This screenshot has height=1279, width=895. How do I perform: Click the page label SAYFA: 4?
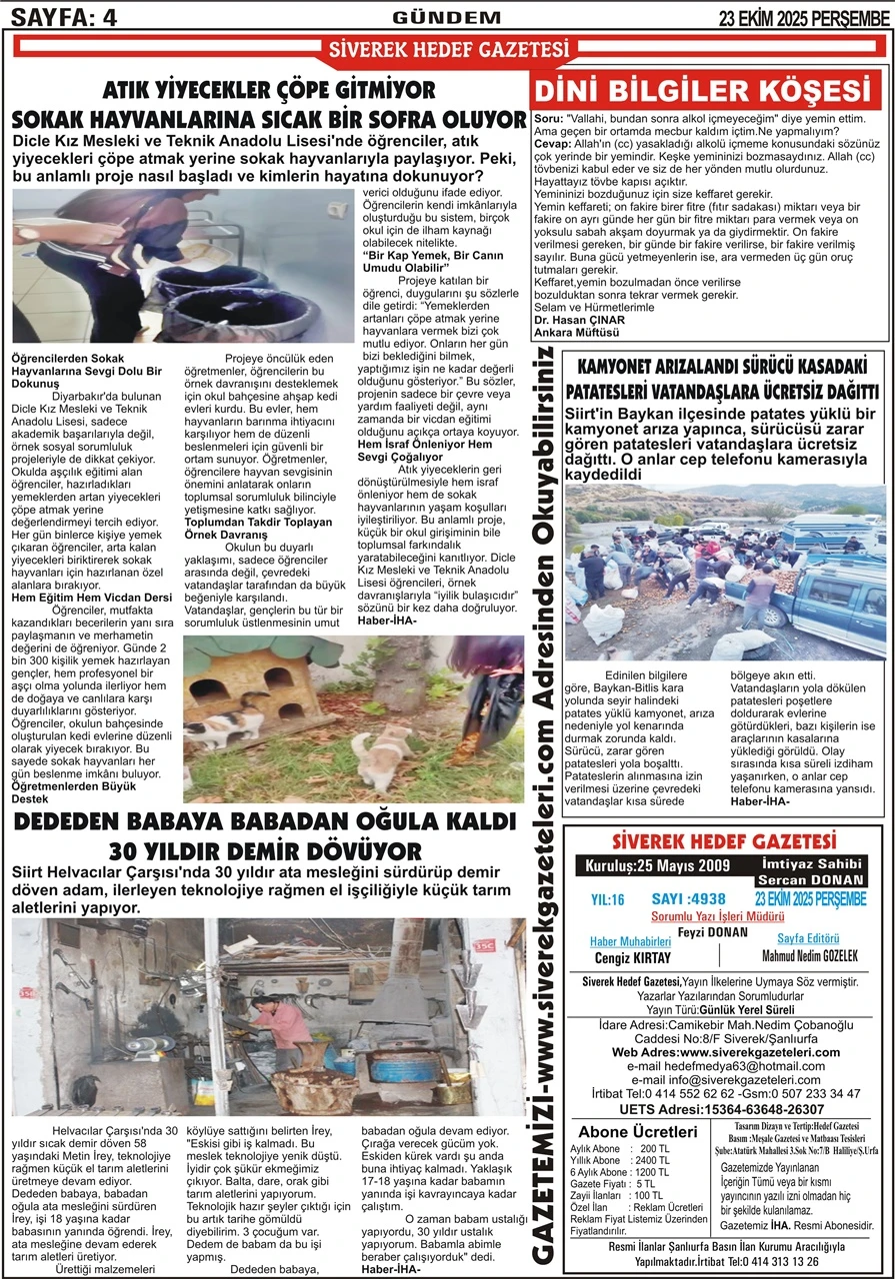click(61, 16)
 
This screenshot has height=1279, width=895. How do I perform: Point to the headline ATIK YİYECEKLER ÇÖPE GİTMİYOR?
click(269, 91)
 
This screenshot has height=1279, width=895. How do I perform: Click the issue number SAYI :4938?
click(689, 898)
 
